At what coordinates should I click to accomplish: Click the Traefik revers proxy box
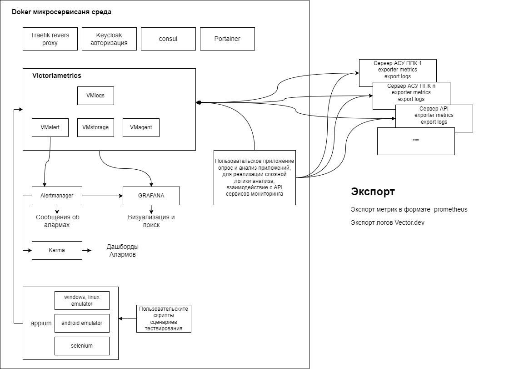50,39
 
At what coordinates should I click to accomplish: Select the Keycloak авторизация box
109,39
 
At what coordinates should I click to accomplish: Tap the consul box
168,39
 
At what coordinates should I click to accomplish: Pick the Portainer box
227,39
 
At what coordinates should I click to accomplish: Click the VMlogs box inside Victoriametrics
95,96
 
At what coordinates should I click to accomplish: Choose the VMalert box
50,127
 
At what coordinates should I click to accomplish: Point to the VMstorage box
95,127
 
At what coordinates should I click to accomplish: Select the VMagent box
141,127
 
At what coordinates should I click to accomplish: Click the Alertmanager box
57,196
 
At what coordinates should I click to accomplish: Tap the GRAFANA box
151,196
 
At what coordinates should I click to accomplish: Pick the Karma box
57,250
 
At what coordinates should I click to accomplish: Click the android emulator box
82,323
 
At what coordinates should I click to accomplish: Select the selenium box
82,346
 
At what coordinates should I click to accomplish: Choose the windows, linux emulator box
82,300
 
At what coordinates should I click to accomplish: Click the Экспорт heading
373,192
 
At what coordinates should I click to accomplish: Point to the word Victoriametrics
57,76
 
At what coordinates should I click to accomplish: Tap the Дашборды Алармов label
123,251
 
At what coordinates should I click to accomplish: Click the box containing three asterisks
416,141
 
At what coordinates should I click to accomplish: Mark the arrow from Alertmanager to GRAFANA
102,196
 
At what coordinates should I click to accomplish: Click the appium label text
41,324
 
